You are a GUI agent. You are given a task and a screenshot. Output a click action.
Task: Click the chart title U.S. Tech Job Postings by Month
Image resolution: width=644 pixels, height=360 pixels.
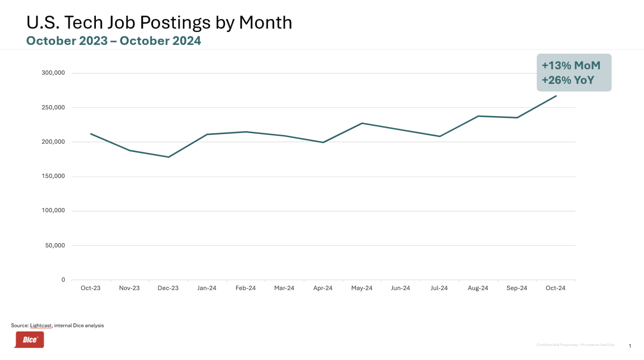click(159, 22)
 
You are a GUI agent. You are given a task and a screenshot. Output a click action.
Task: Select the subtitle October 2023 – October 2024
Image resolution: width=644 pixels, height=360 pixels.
click(113, 41)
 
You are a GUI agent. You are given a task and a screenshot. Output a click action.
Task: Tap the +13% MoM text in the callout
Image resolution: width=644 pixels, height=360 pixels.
click(571, 65)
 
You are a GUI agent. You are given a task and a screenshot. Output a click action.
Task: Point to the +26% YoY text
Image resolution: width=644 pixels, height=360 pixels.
click(568, 80)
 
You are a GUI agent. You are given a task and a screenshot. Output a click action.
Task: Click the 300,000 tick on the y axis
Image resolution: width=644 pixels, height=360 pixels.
click(53, 73)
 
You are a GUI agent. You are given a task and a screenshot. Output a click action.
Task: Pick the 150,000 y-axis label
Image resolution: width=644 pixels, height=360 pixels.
click(53, 176)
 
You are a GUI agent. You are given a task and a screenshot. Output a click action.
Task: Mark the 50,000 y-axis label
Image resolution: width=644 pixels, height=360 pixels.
click(55, 245)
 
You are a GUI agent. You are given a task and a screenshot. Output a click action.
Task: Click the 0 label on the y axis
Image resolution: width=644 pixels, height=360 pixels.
click(63, 280)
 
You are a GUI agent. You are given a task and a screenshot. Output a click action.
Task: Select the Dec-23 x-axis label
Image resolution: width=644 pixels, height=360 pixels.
click(168, 288)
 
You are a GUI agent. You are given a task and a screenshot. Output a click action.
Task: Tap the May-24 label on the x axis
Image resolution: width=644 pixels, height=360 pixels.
click(362, 288)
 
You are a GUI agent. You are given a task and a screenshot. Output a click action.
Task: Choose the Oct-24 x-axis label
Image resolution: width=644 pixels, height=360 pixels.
click(555, 288)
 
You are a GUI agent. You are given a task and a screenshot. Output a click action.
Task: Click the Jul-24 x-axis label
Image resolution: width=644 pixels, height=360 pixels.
click(439, 288)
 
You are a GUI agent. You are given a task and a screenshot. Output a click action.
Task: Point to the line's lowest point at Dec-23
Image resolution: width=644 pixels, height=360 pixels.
click(168, 157)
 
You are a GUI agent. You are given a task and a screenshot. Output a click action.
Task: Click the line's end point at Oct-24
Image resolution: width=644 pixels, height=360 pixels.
click(556, 96)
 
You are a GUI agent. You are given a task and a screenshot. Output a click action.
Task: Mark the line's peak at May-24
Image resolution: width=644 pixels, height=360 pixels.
click(362, 123)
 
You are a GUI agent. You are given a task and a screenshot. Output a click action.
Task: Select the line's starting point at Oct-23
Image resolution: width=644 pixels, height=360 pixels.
click(91, 134)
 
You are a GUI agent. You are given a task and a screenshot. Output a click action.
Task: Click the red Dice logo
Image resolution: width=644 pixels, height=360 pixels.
click(29, 340)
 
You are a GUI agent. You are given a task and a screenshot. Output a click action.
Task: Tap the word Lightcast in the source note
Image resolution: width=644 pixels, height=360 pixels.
click(41, 326)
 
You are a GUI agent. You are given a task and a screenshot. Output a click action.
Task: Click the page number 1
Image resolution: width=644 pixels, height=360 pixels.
click(630, 346)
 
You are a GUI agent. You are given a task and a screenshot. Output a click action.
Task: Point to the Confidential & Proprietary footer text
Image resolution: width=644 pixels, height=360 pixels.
click(575, 345)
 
